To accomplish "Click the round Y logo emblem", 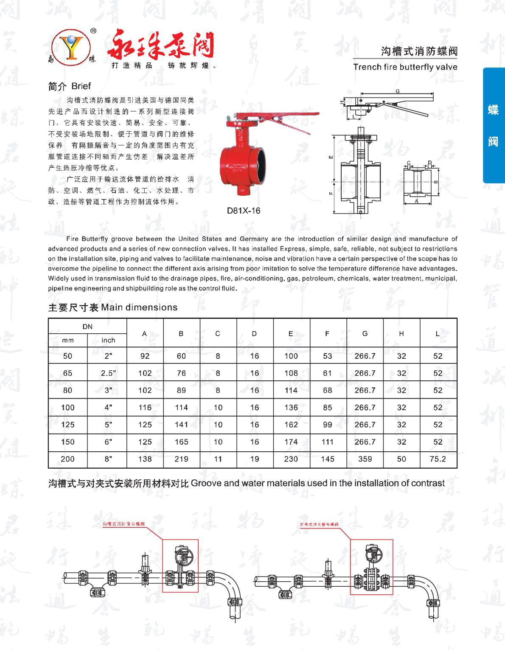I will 71,47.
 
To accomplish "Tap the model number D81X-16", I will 244,211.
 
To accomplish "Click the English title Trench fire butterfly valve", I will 405,67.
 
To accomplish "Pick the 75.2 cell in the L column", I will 438,459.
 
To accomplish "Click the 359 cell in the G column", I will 365,459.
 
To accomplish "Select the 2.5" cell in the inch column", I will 108,373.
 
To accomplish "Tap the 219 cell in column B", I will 181,459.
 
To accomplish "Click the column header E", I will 291,334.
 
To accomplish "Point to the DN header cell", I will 87,326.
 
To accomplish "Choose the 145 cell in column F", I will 328,459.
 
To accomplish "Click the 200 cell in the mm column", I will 67,459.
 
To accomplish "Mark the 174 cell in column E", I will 291,442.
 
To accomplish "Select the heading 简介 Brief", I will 70,86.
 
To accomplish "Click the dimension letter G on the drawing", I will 398,91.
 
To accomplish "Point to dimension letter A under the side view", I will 416,202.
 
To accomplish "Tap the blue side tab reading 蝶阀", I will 493,125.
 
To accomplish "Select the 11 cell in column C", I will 218,459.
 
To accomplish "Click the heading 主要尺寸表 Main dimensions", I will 113,307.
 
